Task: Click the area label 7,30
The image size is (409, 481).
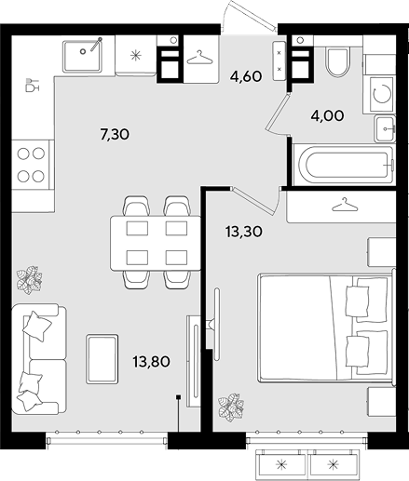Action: tap(115, 135)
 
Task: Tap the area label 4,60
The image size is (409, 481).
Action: tap(246, 76)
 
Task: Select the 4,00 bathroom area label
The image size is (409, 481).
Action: tap(327, 116)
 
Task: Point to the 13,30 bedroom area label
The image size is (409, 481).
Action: tap(244, 232)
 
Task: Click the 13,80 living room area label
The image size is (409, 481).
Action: tap(151, 362)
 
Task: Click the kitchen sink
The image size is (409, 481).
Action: tap(82, 56)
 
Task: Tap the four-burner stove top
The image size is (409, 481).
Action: tap(31, 165)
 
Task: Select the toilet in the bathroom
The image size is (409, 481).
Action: tap(337, 61)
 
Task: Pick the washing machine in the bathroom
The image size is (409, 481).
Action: tap(382, 94)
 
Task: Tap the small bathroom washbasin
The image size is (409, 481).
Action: tap(385, 128)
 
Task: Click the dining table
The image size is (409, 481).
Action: tap(156, 243)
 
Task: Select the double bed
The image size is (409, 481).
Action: tap(326, 327)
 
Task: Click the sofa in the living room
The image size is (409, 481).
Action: tap(39, 358)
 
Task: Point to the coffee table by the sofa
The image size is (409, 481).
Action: tap(102, 359)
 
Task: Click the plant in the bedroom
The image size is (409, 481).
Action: tap(230, 408)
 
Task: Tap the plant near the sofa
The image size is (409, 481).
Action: tap(29, 280)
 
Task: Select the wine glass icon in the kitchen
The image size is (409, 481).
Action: tap(33, 85)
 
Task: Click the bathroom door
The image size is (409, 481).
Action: tap(277, 114)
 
